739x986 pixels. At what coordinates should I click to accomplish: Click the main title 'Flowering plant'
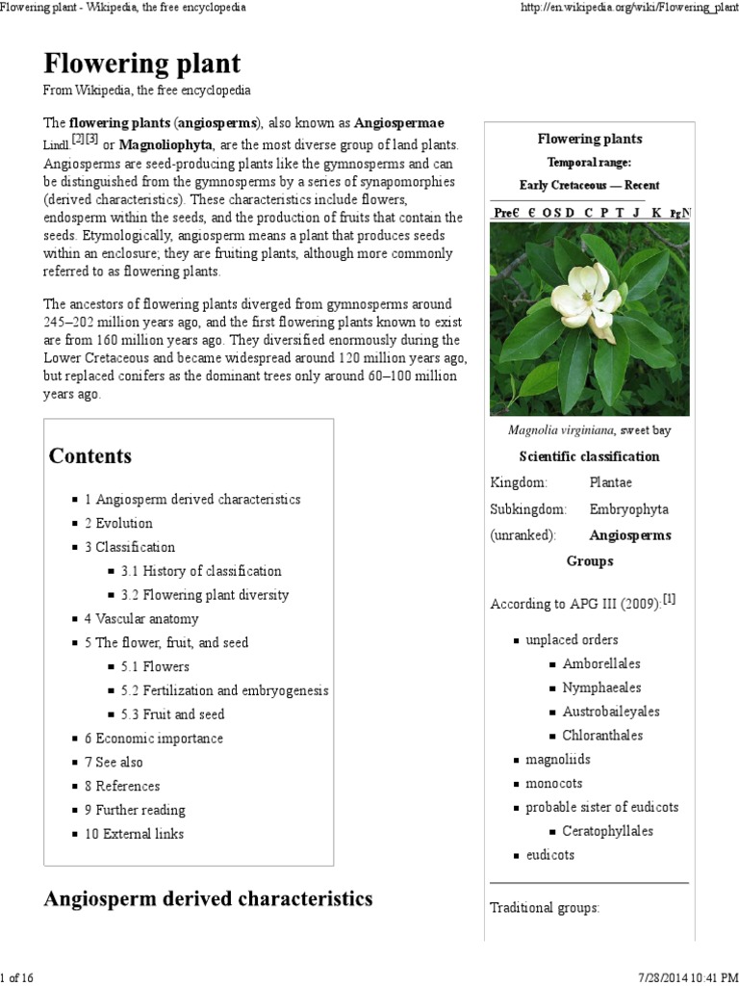(141, 65)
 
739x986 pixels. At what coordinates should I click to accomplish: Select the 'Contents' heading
(90, 456)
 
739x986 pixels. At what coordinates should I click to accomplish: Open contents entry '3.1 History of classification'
(201, 571)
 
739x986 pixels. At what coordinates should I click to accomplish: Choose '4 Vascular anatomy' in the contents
(141, 619)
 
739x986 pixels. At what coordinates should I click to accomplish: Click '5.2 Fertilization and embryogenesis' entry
(224, 690)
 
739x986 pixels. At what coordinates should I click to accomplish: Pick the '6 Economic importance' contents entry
(153, 739)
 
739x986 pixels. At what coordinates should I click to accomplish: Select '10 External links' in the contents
(134, 834)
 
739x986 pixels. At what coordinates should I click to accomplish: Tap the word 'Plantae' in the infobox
(611, 482)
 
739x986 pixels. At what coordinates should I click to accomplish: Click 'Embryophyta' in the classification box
(628, 508)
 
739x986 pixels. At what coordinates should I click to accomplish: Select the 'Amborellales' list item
(601, 663)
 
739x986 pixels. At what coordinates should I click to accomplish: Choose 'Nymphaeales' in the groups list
(601, 688)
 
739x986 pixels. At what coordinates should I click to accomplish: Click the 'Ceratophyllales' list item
(607, 830)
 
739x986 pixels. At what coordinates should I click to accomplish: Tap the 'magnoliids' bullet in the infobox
(557, 760)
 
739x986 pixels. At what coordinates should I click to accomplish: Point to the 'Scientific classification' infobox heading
(589, 456)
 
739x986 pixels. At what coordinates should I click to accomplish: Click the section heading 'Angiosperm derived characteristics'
(208, 899)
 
